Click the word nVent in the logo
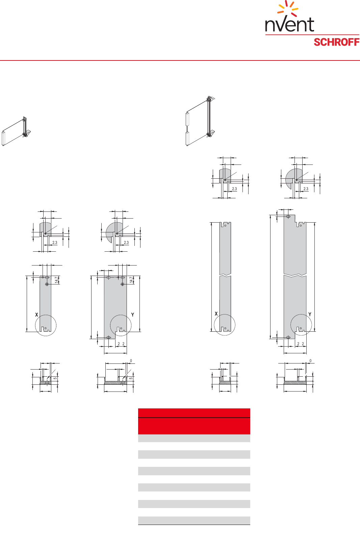point(289,24)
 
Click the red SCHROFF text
point(336,42)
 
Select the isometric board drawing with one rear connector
point(16,131)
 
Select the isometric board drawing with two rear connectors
point(200,121)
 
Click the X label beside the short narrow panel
point(37,315)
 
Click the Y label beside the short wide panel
point(133,315)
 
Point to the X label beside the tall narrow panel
point(216,314)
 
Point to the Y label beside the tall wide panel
point(310,314)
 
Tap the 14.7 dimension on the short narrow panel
point(57,280)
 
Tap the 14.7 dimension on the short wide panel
point(131,280)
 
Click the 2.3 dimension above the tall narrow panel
point(234,189)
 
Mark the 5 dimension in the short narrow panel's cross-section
point(55,378)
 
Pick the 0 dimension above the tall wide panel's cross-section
point(310,361)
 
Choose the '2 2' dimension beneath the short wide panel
point(121,344)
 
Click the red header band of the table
point(194,421)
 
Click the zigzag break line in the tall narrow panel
point(225,275)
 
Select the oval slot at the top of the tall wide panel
point(288,217)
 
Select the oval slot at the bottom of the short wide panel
point(108,337)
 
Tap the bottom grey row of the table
point(194,520)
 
